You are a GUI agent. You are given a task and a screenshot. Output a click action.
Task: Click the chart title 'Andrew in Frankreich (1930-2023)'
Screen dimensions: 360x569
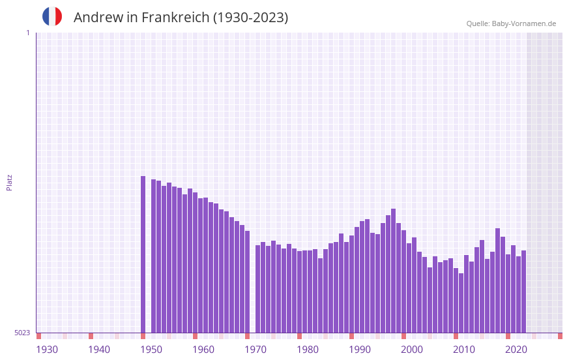[181, 18]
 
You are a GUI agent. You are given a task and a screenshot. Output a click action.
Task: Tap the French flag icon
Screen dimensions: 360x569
[52, 16]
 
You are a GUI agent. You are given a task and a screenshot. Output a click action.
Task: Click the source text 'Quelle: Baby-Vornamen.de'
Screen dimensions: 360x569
[511, 23]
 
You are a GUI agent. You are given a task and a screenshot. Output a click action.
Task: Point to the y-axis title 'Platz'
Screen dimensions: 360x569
[9, 182]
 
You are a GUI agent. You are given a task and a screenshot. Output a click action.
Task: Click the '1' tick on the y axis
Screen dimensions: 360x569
[27, 33]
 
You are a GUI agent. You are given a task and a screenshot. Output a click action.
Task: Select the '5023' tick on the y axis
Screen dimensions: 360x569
[22, 333]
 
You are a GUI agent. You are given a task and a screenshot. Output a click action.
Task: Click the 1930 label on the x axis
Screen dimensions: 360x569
[47, 350]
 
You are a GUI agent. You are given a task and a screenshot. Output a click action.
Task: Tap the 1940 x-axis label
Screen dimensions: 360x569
[99, 350]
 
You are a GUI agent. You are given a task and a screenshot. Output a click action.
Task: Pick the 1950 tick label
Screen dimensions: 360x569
[151, 350]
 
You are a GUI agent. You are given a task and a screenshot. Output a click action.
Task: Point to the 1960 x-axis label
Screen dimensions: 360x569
[203, 350]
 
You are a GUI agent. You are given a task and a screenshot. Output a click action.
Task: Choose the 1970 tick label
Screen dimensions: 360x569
[255, 350]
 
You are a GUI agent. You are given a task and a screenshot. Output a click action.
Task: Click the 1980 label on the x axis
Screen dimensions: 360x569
[308, 350]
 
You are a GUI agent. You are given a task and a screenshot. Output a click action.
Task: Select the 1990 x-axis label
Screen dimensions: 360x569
[360, 350]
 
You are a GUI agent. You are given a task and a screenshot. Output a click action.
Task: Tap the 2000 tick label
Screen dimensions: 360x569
[412, 350]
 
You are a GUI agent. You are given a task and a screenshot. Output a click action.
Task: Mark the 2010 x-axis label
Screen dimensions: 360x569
[464, 350]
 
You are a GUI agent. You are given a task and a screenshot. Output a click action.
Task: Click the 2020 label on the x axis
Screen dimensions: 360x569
[516, 350]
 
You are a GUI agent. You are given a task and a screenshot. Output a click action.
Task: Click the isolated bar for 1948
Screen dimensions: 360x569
[143, 254]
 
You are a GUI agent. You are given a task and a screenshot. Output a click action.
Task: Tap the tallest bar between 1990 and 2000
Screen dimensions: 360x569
[393, 271]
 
